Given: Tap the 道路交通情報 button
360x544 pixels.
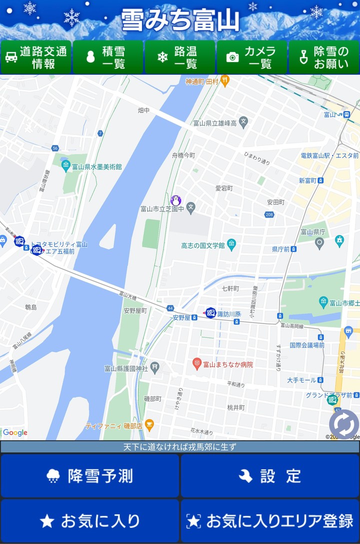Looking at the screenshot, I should [36, 57].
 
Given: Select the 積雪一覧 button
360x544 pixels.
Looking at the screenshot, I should [108, 57].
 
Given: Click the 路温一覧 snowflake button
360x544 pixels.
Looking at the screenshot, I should [180, 57].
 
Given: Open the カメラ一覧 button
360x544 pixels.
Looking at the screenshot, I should [252, 57].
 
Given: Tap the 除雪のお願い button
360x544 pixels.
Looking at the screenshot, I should [324, 57].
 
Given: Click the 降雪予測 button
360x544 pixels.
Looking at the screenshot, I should [90, 476].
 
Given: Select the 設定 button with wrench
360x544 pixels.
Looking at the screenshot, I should [270, 476].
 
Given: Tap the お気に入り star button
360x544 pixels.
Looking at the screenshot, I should [90, 521].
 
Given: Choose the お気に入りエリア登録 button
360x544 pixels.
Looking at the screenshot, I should [270, 521].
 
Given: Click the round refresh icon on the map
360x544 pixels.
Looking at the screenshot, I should [343, 424].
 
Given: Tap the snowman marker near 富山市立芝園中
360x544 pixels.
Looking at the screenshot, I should [175, 200].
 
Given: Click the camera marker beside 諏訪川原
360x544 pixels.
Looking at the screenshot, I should [210, 313].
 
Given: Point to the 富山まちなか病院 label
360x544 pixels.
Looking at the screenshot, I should [227, 364].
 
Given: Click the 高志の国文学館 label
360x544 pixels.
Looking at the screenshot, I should [203, 245].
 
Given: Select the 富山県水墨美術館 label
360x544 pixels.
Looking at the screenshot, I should [96, 166].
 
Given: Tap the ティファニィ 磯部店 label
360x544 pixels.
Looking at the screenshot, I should [114, 426].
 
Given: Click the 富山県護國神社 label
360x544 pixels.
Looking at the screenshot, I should [126, 368].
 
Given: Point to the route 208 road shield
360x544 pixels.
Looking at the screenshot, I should [269, 214].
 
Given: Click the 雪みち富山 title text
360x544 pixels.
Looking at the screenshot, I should [180, 20].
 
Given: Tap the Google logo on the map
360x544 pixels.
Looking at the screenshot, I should [15, 433].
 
